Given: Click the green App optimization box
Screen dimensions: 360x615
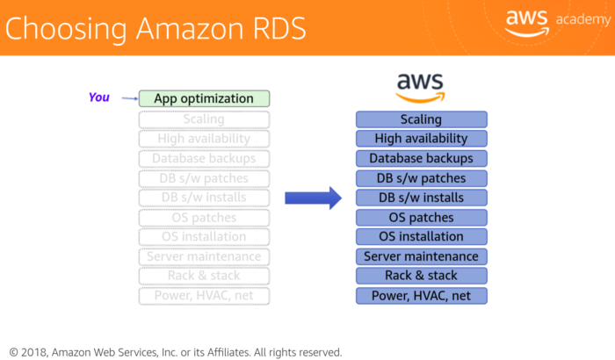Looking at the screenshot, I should tap(204, 99).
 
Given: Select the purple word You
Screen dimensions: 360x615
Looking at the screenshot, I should tap(99, 97).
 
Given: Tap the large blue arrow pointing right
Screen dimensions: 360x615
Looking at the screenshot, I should tap(313, 198).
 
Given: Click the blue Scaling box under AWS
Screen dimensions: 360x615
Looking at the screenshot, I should tap(421, 119).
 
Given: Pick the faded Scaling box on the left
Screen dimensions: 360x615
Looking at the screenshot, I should tap(204, 119).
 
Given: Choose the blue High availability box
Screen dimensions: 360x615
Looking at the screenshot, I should tap(421, 139).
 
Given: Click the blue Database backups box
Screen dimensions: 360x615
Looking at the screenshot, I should tap(421, 159).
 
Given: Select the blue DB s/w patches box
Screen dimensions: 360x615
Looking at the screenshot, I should tap(421, 178).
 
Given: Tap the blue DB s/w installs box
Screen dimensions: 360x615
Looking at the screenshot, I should tap(421, 198).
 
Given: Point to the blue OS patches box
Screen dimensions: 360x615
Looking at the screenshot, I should tap(421, 218).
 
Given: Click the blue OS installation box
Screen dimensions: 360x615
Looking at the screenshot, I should tap(421, 237).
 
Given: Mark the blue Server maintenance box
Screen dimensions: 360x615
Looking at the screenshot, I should tap(421, 256).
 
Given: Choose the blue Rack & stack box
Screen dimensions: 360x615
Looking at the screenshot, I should tap(421, 276).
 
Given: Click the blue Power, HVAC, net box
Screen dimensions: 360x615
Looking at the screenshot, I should tap(421, 296).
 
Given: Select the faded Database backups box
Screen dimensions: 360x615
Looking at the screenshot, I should tap(204, 159).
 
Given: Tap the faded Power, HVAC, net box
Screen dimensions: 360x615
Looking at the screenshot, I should tap(204, 296).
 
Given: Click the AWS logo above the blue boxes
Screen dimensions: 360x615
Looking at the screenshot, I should tap(421, 86).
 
